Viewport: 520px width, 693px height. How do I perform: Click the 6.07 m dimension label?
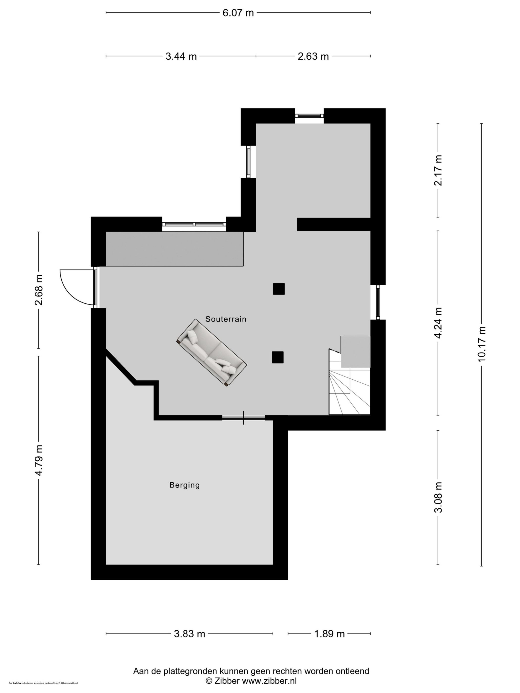tap(238, 13)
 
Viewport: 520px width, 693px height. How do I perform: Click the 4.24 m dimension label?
tap(438, 323)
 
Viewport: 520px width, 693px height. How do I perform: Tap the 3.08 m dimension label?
tap(438, 497)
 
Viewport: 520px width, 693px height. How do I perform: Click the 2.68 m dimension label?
tap(39, 290)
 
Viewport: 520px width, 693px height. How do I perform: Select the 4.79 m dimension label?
tap(39, 460)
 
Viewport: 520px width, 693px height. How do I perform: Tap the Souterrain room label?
tap(226, 319)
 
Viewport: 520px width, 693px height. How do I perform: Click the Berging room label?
tap(184, 485)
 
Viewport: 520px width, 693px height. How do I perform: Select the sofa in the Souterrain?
tap(212, 353)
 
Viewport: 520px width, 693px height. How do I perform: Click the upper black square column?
tap(279, 289)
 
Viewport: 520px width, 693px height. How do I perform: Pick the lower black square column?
tap(277, 357)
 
